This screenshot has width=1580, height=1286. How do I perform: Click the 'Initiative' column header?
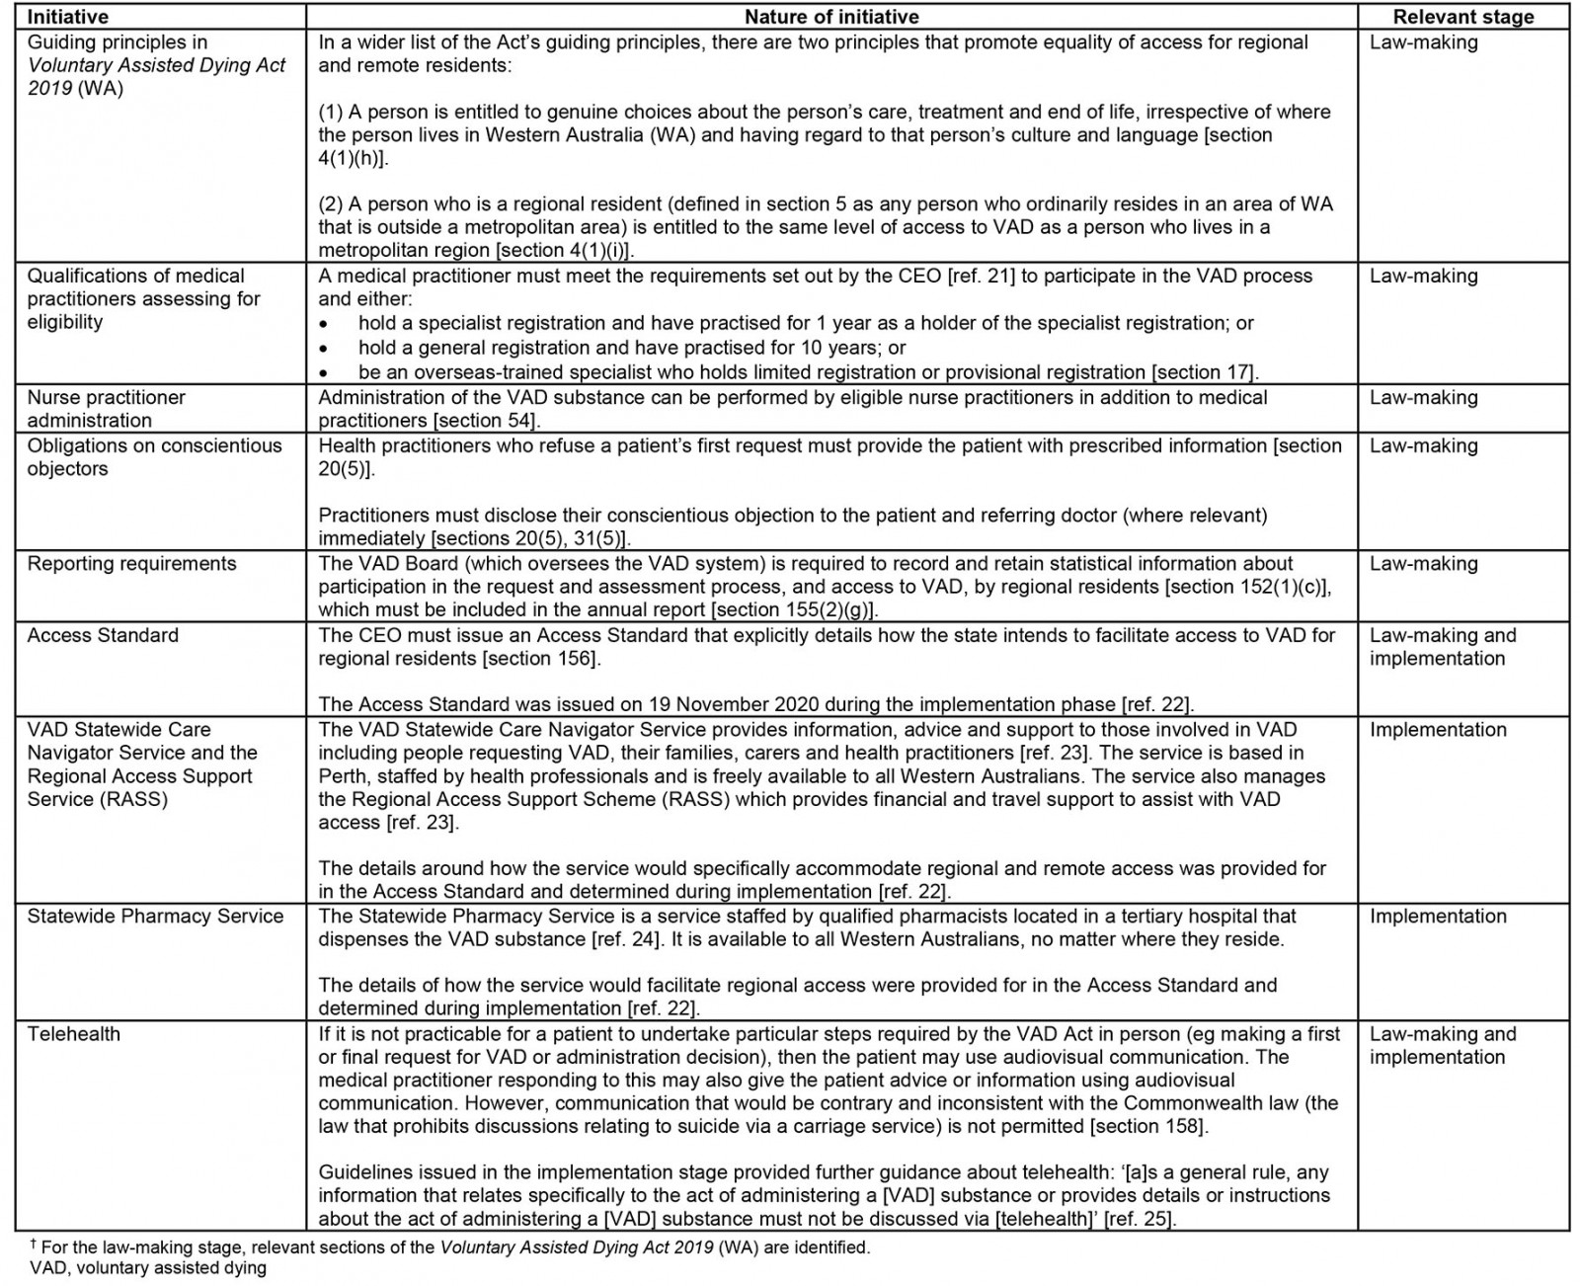(68, 17)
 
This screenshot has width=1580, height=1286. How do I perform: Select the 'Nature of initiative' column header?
(831, 17)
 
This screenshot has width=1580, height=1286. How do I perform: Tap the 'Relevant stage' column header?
(1462, 17)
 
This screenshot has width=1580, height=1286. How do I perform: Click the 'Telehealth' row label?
(74, 1034)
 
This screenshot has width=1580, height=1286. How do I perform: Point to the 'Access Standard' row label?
(103, 635)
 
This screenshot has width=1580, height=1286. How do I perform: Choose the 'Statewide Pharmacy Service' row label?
(155, 916)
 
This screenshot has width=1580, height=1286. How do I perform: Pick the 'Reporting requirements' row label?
(131, 564)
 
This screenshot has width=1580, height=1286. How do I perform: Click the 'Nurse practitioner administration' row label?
(106, 408)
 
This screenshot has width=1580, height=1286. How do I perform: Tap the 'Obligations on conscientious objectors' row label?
(154, 456)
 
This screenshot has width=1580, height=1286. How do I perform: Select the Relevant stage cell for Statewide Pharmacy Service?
(1438, 916)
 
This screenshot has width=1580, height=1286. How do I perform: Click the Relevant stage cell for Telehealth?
(1442, 1045)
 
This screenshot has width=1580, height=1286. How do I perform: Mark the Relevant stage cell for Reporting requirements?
(1423, 564)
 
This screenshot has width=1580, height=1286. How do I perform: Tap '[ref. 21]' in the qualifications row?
(980, 277)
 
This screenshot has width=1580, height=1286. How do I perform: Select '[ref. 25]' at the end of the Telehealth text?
(1138, 1218)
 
